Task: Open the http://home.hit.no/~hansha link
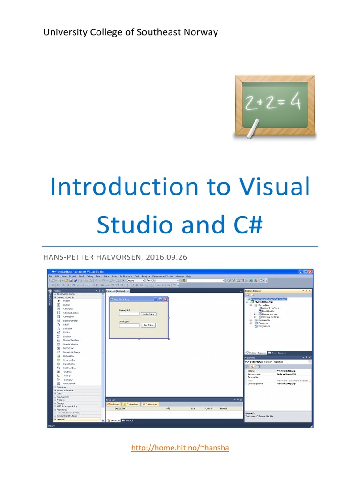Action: click(180, 448)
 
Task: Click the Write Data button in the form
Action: click(148, 314)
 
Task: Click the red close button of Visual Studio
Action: click(310, 272)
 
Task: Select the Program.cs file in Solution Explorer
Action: click(261, 326)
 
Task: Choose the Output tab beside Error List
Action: click(128, 420)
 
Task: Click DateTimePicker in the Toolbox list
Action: click(71, 320)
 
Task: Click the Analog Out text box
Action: click(129, 314)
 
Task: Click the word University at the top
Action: click(64, 32)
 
